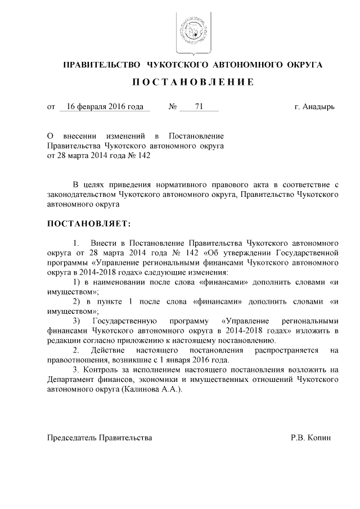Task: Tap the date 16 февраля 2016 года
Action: (x=105, y=106)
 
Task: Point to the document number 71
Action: (x=199, y=106)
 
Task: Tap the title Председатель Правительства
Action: (x=99, y=436)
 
